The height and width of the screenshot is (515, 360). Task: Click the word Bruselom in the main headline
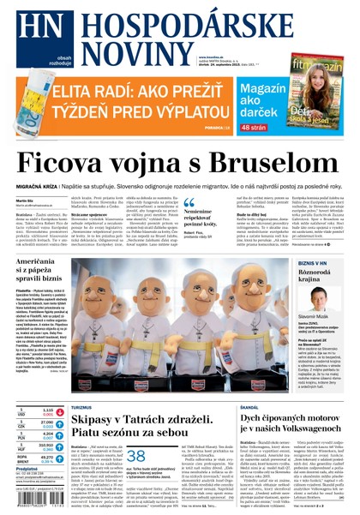(273, 165)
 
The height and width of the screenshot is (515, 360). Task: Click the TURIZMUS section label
(83, 408)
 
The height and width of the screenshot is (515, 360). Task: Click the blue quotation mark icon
(189, 203)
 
